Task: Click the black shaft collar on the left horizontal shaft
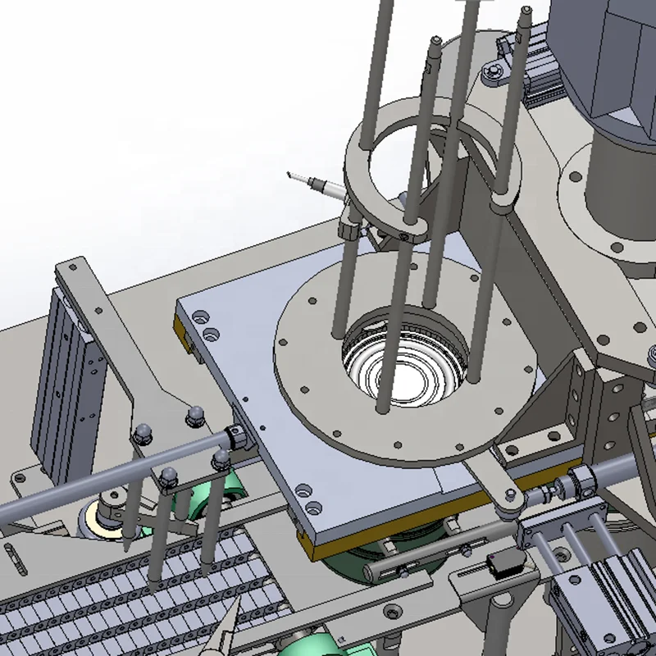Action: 235,438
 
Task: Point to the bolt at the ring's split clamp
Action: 404,236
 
